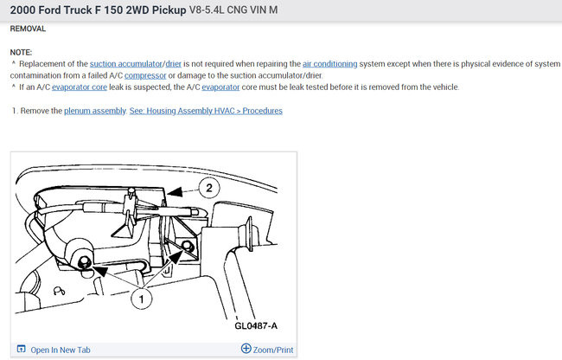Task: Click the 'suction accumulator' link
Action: [126, 64]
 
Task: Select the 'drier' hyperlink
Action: [174, 64]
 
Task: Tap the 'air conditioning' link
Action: [329, 64]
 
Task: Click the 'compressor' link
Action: [145, 75]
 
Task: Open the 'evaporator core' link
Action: [80, 87]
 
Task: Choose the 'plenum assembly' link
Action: [95, 111]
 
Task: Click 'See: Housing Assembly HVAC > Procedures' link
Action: [206, 111]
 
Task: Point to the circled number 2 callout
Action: [209, 188]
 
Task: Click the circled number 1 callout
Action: [141, 299]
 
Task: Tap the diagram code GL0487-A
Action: [256, 325]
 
